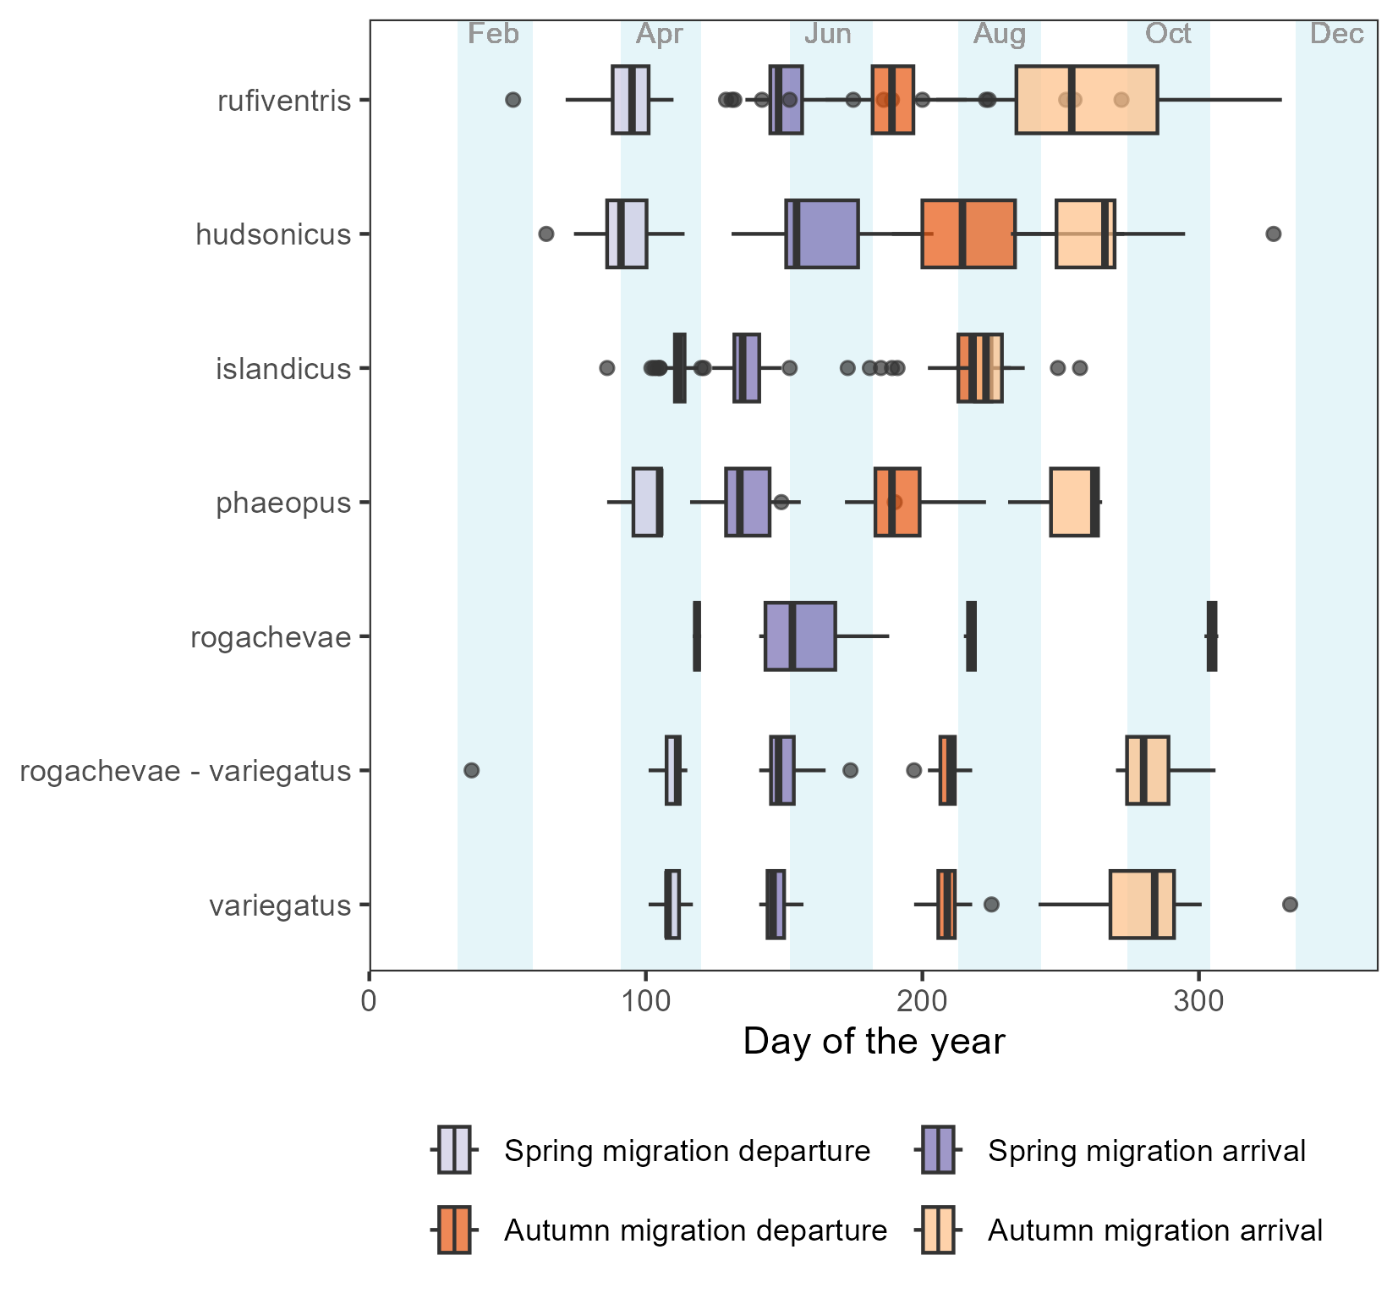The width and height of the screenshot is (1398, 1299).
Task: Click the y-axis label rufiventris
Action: coord(283,102)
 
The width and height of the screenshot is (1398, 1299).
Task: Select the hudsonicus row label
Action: coord(273,234)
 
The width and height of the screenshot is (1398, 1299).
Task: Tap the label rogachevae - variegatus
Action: coord(185,771)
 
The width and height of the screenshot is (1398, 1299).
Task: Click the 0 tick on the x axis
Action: coord(370,1001)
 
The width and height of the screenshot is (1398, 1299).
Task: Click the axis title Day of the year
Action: coord(874,1042)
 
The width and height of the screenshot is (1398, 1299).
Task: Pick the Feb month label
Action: coord(493,34)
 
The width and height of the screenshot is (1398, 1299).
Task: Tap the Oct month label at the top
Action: coord(1168,34)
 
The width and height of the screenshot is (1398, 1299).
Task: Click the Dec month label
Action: coord(1337,34)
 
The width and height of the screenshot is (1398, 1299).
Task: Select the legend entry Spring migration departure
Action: coord(687,1151)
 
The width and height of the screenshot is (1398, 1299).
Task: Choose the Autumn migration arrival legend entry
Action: coord(1155,1230)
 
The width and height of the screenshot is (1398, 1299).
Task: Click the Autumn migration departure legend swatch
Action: coord(454,1230)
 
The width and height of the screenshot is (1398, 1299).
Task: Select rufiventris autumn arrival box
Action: coord(1086,100)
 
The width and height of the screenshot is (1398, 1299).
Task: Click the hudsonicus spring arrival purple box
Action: coord(822,234)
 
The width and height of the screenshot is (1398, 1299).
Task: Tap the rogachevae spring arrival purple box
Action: coord(800,636)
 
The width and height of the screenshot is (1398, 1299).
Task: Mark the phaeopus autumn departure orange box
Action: coord(897,502)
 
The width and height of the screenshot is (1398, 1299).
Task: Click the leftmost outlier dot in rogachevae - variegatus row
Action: coord(472,770)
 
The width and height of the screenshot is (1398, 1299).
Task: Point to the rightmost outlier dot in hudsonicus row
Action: coord(1274,234)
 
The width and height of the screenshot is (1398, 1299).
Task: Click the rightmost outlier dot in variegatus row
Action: coord(1290,905)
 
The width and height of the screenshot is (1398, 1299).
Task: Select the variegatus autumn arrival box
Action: coord(1142,905)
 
